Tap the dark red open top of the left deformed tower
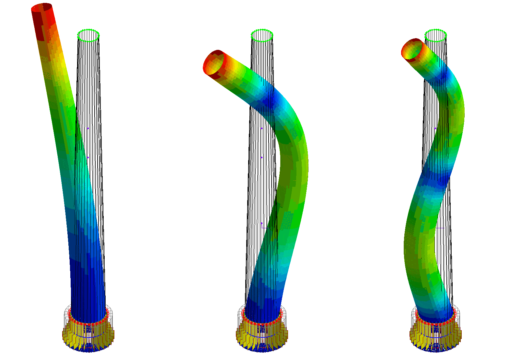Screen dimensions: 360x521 (x=42, y=7)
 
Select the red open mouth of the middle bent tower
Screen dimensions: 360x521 (x=214, y=63)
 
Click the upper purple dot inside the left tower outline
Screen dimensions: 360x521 (x=88, y=128)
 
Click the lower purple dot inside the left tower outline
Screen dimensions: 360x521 (x=88, y=157)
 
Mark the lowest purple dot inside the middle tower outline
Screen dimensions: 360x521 (x=261, y=223)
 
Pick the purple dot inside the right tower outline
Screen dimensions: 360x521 (x=435, y=128)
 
